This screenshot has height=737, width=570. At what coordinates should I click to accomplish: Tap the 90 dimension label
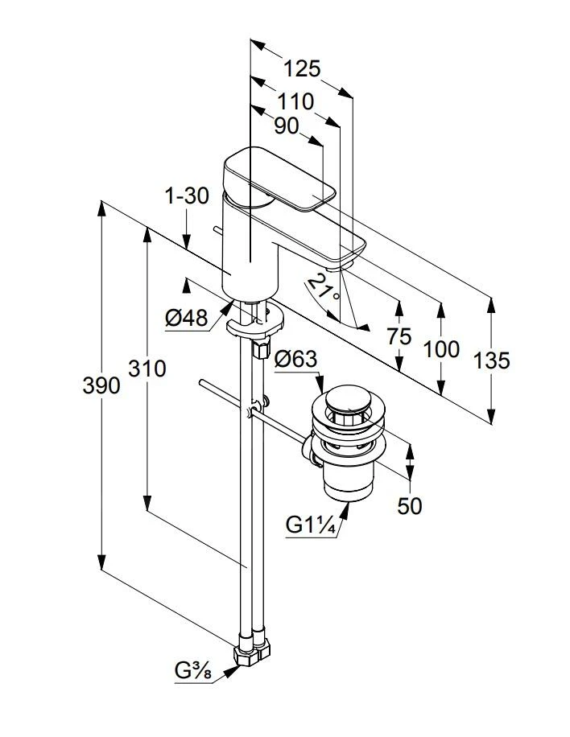pos(286,126)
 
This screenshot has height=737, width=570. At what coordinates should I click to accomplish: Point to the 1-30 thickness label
pos(186,196)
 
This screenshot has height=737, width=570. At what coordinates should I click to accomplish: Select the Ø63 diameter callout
pos(295,360)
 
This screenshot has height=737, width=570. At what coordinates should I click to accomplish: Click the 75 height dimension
pos(399,336)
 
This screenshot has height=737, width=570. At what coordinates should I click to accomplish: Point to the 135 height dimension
pos(490,360)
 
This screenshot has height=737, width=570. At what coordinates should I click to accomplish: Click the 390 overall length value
pos(101,385)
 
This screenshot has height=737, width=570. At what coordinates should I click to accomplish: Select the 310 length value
pos(147,368)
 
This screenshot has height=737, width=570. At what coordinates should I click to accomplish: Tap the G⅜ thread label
pos(193,669)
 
